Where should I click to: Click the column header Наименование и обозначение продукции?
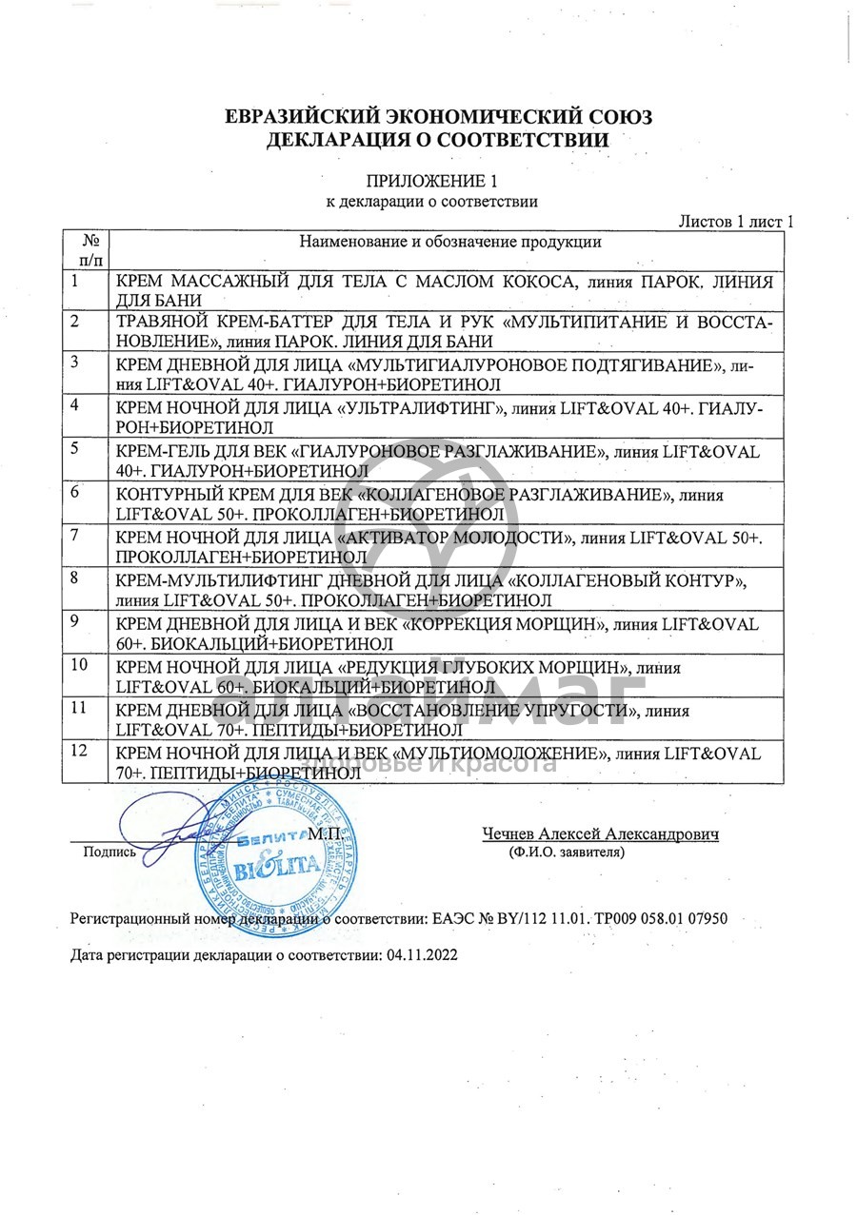[450, 242]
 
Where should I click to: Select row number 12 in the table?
[79, 752]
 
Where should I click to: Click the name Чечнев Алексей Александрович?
[600, 834]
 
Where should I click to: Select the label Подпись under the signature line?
[110, 852]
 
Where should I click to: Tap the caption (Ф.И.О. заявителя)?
[567, 852]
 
